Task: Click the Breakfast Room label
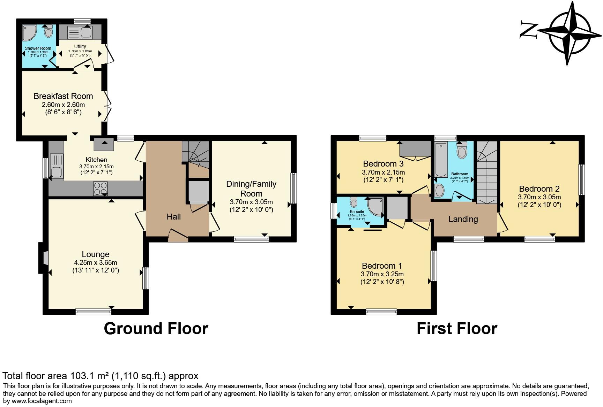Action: (63, 96)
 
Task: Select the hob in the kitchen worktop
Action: (100, 189)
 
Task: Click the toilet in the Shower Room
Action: (49, 32)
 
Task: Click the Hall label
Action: (173, 217)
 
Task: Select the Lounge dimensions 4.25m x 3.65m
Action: (96, 262)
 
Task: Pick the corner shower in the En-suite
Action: (376, 206)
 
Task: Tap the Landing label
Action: (463, 219)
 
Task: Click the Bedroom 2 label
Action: (539, 189)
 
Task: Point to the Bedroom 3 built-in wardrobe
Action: (415, 149)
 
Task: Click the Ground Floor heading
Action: (156, 329)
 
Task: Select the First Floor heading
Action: (456, 329)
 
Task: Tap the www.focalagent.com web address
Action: (42, 401)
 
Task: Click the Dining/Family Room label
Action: (251, 189)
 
